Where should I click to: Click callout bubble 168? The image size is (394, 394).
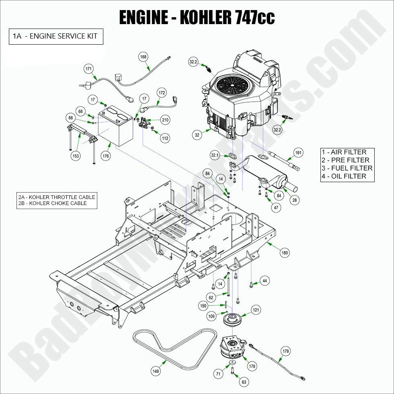tap(143, 57)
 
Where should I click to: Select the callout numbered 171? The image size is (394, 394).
tap(89, 69)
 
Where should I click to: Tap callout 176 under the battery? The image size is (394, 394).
tap(105, 156)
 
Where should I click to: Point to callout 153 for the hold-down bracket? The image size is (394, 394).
tap(76, 155)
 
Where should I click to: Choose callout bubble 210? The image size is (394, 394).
tap(165, 120)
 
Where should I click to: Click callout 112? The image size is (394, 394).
tap(165, 138)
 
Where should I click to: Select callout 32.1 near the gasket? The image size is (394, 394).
tap(215, 155)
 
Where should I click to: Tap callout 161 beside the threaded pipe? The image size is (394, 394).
tap(298, 152)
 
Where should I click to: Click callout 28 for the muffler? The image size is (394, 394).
tap(295, 200)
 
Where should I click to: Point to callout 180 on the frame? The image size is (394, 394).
tap(285, 252)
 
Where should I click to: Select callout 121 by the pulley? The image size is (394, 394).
tap(256, 310)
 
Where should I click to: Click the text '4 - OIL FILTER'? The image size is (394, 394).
tap(344, 176)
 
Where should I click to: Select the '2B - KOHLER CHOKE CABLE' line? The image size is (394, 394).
tap(52, 203)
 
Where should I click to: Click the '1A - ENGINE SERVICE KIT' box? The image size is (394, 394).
tap(55, 36)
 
